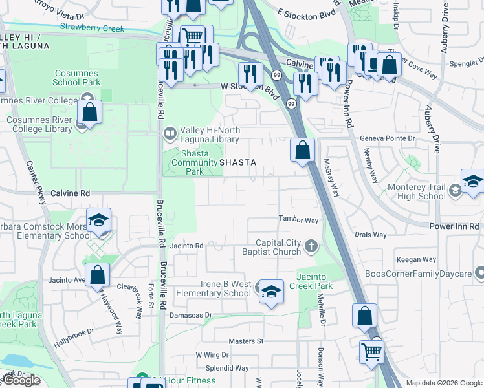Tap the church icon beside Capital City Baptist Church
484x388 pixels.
pyautogui.click(x=312, y=246)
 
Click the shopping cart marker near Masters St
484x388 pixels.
pyautogui.click(x=372, y=352)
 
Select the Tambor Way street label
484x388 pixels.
pyautogui.click(x=298, y=221)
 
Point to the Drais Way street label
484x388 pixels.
pyautogui.click(x=371, y=235)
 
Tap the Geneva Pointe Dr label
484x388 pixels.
pyautogui.click(x=386, y=138)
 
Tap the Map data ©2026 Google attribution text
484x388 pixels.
pyautogui.click(x=444, y=383)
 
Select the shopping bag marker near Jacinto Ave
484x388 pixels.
pyautogui.click(x=97, y=275)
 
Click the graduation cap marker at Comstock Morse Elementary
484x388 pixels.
pyautogui.click(x=98, y=220)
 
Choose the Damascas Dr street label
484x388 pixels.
pyautogui.click(x=190, y=315)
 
